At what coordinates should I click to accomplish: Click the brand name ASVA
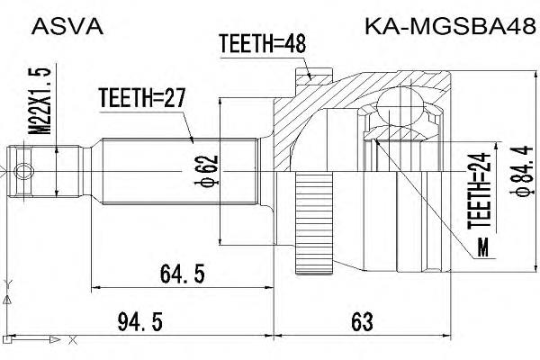click(x=67, y=26)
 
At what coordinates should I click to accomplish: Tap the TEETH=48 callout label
click(x=263, y=44)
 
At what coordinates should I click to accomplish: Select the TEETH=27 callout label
click(x=142, y=98)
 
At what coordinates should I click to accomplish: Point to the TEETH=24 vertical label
click(x=479, y=191)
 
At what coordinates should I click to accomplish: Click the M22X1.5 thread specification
click(x=39, y=101)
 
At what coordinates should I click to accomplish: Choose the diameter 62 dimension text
click(x=206, y=171)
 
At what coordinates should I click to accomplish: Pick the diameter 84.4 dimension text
click(x=521, y=171)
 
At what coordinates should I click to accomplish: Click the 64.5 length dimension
click(x=182, y=274)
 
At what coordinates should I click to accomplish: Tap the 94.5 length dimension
click(x=139, y=322)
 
